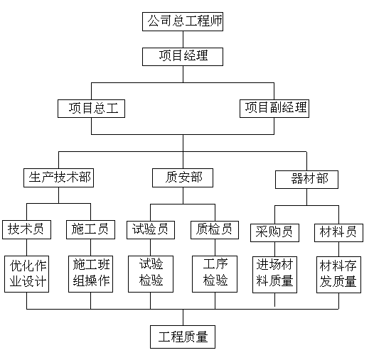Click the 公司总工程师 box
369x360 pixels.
(183, 21)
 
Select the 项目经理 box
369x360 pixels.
(183, 57)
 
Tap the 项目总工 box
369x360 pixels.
(91, 109)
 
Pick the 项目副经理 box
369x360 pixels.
(274, 109)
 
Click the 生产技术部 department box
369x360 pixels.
(58, 178)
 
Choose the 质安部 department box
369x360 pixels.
(183, 178)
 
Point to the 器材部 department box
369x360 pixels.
(306, 180)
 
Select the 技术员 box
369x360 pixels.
(26, 229)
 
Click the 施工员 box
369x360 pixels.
(90, 229)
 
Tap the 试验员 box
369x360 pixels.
(151, 230)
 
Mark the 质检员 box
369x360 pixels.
(215, 230)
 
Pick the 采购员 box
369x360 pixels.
(274, 233)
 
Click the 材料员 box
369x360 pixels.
(338, 233)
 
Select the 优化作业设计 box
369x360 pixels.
(26, 274)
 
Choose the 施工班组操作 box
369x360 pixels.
(90, 274)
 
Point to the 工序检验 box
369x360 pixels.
(215, 274)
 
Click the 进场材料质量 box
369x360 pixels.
(274, 275)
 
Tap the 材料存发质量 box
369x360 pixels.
(338, 275)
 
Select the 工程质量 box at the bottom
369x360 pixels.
(183, 337)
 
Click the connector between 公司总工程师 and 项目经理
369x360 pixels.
(183, 39)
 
